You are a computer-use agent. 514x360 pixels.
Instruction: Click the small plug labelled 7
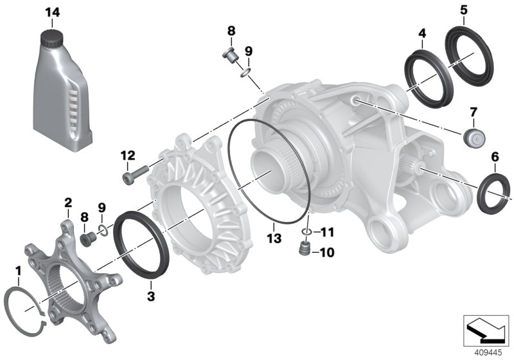[x=472, y=138]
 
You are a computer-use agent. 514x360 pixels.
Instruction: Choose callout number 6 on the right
[x=495, y=156]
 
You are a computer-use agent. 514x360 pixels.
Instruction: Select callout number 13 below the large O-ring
[x=274, y=239]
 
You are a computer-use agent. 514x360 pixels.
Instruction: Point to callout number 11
[x=328, y=232]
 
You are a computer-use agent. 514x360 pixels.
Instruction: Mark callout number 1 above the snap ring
[x=19, y=270]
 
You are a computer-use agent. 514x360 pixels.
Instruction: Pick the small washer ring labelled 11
[x=308, y=231]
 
